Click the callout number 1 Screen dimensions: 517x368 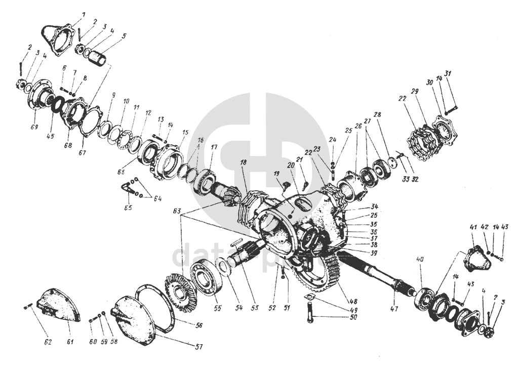[84, 15]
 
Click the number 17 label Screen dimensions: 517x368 [214, 148]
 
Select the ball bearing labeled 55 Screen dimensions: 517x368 [207, 277]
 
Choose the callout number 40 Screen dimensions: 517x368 [420, 260]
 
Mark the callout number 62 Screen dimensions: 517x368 [48, 342]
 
